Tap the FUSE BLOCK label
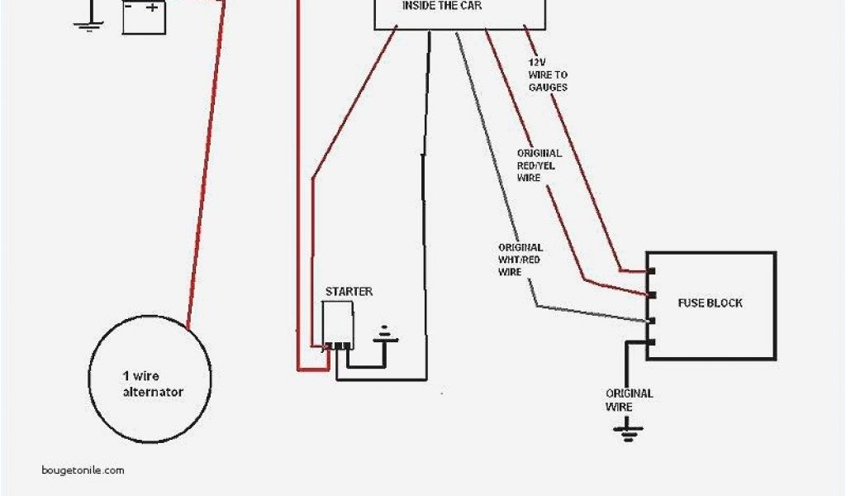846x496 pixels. [710, 303]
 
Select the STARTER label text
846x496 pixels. [349, 292]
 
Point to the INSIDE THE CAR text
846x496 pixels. [442, 6]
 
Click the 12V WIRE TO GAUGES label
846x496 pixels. [548, 75]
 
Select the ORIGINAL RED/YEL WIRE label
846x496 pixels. [539, 165]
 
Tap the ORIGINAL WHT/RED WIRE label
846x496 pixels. [520, 260]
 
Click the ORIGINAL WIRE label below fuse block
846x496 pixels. [629, 400]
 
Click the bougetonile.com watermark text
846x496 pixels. [83, 470]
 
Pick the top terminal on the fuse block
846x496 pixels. [650, 271]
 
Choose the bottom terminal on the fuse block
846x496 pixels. [650, 342]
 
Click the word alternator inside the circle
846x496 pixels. [153, 392]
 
